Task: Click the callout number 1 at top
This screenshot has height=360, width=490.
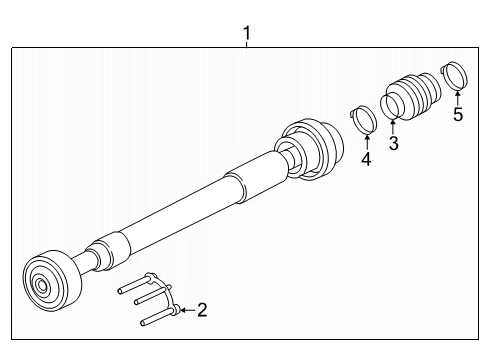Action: point(246,33)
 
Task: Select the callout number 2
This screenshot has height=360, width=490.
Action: point(202,310)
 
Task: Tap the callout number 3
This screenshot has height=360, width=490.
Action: point(394,143)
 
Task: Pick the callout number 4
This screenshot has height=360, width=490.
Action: point(366,159)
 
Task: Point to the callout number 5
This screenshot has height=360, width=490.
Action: point(458,114)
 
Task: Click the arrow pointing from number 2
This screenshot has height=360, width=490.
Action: point(188,310)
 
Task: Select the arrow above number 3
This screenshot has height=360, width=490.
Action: point(393,127)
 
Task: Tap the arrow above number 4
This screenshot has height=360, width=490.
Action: point(366,142)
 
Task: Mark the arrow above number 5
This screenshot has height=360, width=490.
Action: point(458,98)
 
